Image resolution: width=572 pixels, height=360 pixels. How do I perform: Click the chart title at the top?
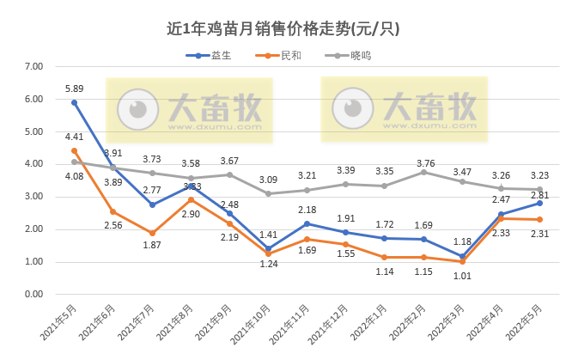[x=283, y=28]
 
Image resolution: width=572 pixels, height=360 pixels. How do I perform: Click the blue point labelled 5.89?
[x=74, y=102]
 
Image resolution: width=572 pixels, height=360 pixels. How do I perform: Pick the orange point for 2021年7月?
[x=152, y=234]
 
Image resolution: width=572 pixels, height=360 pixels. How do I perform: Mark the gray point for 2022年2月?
[x=424, y=172]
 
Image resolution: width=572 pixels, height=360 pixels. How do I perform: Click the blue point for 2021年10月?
[x=269, y=248]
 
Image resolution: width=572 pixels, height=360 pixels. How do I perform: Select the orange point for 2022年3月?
[x=462, y=261]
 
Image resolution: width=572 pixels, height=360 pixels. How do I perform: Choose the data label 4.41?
[x=75, y=136]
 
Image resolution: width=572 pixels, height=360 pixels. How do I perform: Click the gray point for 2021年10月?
[x=269, y=193]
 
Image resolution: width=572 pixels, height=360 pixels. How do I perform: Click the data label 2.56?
[x=113, y=225]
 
